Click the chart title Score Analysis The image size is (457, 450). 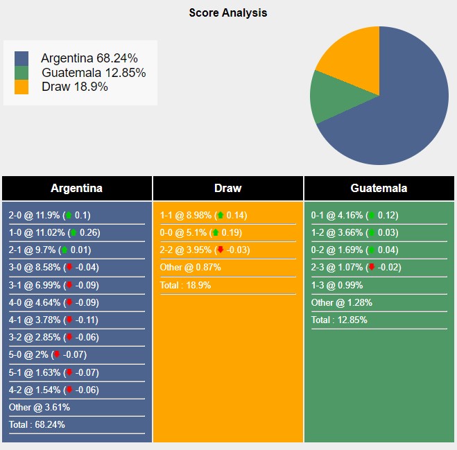pyautogui.click(x=227, y=12)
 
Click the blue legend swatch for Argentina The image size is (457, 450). pyautogui.click(x=21, y=58)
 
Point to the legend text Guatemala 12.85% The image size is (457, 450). pyautogui.click(x=94, y=73)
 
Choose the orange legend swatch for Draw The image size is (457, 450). pyautogui.click(x=21, y=87)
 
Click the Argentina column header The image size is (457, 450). pyautogui.click(x=76, y=188)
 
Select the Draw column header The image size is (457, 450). pyautogui.click(x=227, y=188)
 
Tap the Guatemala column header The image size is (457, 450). pyautogui.click(x=379, y=188)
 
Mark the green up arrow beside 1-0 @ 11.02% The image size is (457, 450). pyautogui.click(x=73, y=232)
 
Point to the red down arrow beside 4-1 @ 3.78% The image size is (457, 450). pyautogui.click(x=69, y=320)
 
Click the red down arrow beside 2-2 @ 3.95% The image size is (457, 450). pyautogui.click(x=221, y=250)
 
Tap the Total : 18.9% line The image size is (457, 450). pyautogui.click(x=185, y=285)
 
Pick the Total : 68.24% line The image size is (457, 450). pyautogui.click(x=37, y=424)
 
